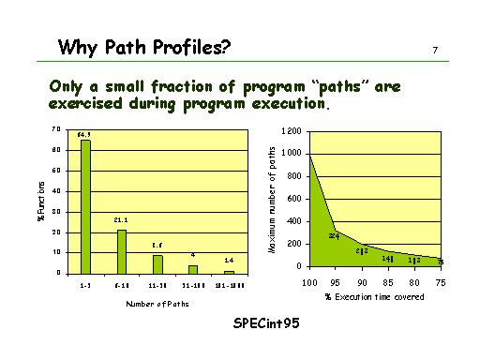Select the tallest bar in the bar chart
pos(85,206)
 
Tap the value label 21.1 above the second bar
pos(121,220)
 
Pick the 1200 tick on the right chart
pos(292,130)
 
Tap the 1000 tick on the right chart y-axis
pos(292,153)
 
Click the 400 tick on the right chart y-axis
pos(294,221)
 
